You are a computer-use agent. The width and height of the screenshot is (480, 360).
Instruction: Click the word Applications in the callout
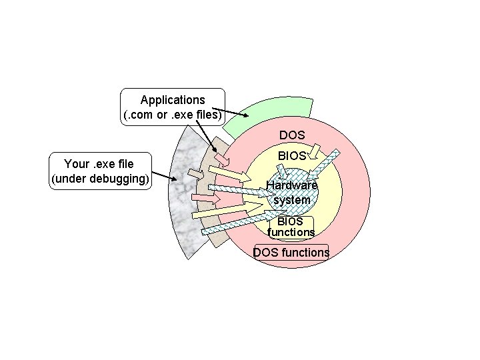173,100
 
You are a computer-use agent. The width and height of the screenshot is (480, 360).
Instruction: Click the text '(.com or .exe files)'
173,115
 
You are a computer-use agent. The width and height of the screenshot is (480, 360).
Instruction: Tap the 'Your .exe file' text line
99,164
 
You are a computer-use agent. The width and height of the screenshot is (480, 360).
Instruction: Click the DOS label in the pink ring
292,135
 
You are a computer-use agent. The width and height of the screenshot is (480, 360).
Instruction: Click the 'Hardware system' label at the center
292,193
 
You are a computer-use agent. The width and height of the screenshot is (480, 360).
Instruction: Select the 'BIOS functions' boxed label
291,227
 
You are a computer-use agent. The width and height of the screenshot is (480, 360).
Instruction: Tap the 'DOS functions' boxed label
291,252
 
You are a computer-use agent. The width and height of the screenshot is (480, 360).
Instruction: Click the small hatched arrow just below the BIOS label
284,175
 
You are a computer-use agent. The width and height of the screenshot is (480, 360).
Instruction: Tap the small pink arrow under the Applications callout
221,161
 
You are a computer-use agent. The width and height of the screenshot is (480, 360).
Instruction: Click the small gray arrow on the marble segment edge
195,175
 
